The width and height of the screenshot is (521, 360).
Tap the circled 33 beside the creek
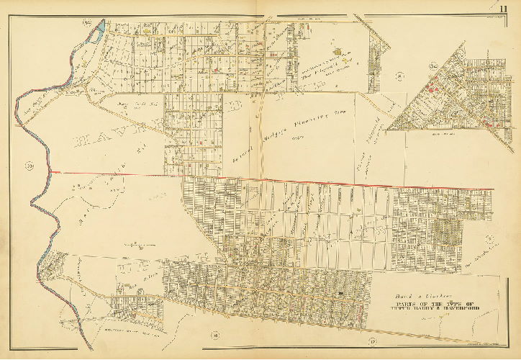tap(30, 168)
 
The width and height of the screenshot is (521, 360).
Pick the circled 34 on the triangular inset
tap(434, 69)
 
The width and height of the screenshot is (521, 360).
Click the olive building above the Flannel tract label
tap(341, 53)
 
